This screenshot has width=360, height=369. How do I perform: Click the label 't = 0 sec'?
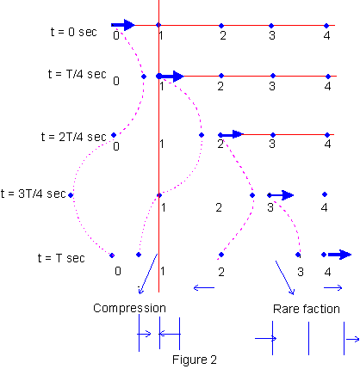click(74, 32)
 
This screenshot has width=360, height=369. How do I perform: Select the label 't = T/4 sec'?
click(78, 74)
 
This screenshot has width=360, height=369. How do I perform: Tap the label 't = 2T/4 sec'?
click(74, 137)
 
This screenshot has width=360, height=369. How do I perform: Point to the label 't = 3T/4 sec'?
click(34, 194)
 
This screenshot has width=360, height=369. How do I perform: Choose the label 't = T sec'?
click(61, 258)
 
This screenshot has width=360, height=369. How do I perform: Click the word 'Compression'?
click(129, 309)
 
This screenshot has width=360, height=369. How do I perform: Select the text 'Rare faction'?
click(307, 309)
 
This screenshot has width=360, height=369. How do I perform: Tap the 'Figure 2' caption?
click(195, 360)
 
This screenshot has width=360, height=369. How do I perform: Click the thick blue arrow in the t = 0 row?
click(123, 25)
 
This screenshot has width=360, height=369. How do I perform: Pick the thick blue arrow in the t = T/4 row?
click(171, 77)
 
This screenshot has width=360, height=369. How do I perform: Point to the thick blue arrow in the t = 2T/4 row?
click(232, 134)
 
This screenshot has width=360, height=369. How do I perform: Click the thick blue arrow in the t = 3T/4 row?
click(281, 195)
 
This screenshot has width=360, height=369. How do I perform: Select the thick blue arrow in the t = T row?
click(339, 255)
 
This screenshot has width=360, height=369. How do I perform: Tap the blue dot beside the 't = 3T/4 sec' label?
click(71, 195)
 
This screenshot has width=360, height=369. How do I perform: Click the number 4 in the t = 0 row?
click(326, 36)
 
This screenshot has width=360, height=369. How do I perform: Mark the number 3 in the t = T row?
click(301, 272)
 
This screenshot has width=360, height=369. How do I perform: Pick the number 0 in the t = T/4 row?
click(116, 81)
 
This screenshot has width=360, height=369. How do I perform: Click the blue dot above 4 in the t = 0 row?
click(326, 26)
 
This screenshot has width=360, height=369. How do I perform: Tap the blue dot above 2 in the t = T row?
click(221, 255)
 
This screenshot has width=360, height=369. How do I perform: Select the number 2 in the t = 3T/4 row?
click(219, 207)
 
